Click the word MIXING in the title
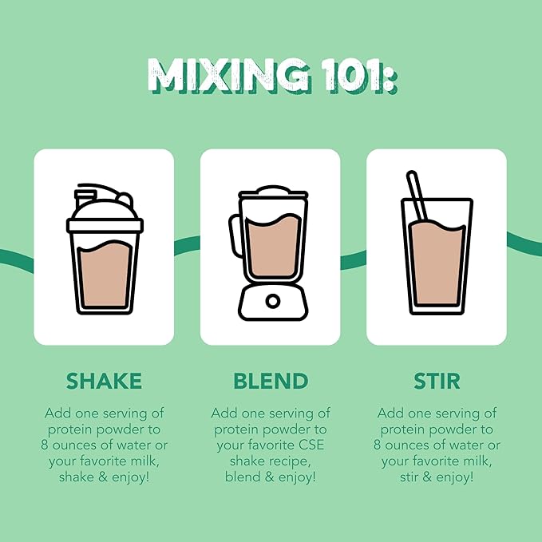coord(229,75)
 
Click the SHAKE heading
coord(104,381)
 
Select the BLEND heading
coord(271,381)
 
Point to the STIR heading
coord(437,381)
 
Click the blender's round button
coord(273,301)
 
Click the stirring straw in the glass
coord(417,196)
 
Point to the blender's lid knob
coord(273,189)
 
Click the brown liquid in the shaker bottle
coord(105,274)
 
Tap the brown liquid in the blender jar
coord(273,245)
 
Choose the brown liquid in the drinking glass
coord(437,263)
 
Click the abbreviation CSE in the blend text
coord(312,445)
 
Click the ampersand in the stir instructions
coord(427,477)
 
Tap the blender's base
coord(273,302)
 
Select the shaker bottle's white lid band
coord(105,225)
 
